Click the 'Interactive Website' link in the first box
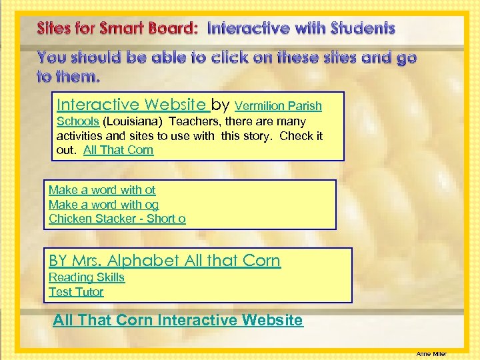[131, 105]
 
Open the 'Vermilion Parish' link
[279, 106]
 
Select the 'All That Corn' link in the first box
[118, 150]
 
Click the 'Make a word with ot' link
[102, 191]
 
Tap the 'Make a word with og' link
[103, 205]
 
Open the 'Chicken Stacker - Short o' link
[117, 219]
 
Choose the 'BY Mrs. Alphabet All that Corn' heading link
[165, 261]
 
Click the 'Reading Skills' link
[87, 277]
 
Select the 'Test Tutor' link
[76, 292]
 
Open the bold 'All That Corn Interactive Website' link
[178, 321]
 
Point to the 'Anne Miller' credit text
[431, 354]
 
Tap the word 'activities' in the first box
[79, 136]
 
